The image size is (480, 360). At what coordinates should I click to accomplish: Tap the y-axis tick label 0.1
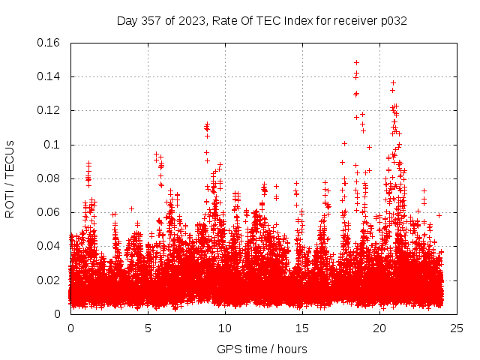55,145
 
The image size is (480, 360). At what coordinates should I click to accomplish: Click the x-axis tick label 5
148,328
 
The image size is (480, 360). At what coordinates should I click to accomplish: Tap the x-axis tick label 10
225,328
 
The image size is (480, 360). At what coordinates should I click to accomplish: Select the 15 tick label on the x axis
302,328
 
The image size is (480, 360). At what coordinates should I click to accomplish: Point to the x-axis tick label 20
379,328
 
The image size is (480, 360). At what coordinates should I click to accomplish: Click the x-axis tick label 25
457,328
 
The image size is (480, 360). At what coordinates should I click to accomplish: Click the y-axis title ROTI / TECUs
10,178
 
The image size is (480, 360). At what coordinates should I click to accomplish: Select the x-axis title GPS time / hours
262,349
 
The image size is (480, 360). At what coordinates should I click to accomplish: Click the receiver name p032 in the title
393,20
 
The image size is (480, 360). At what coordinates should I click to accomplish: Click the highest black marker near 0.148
356,62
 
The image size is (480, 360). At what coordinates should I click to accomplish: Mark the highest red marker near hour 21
393,82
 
